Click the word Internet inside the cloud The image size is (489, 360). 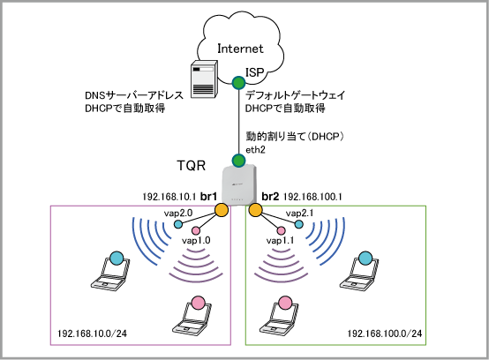[x=240, y=49]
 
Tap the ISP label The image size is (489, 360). [x=255, y=72]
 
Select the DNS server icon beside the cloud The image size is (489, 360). [x=204, y=79]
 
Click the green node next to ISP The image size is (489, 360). [x=239, y=83]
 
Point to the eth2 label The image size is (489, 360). [x=255, y=150]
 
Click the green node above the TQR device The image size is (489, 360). [x=239, y=161]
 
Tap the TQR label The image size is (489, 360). [x=192, y=165]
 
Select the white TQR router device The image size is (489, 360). [x=239, y=185]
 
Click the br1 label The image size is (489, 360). [x=208, y=197]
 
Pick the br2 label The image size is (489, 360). [x=270, y=197]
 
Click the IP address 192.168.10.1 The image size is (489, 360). [x=169, y=197]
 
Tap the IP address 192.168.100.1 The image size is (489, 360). [x=312, y=197]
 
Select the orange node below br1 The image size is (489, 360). [x=222, y=210]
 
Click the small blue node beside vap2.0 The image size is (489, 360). [x=178, y=224]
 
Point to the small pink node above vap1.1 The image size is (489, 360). [x=281, y=230]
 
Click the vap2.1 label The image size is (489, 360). [x=300, y=214]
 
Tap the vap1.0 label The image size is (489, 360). [x=196, y=240]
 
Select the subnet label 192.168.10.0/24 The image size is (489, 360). [x=92, y=334]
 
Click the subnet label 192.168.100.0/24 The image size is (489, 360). [x=385, y=334]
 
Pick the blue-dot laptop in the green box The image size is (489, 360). [x=359, y=271]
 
